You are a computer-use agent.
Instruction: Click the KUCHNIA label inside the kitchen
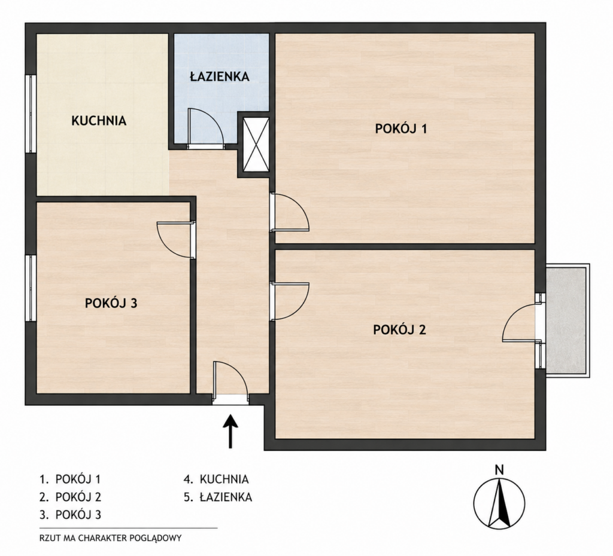point(99,121)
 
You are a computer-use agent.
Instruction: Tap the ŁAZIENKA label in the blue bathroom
point(220,77)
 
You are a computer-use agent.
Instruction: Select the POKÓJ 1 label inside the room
point(400,129)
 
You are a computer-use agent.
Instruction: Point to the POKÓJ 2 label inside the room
point(399,330)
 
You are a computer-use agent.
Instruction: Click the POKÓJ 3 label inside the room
point(111,303)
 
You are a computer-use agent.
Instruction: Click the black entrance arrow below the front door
point(230,431)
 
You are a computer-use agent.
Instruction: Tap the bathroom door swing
point(206,129)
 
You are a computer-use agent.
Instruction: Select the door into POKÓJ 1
point(289,212)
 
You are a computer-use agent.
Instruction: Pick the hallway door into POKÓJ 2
point(289,301)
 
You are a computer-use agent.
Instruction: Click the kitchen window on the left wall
point(31,114)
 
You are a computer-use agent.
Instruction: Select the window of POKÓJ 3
point(31,288)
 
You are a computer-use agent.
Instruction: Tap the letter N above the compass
point(499,470)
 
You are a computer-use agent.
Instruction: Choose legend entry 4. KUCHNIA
point(216,479)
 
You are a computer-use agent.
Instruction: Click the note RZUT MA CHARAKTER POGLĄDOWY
point(111,538)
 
